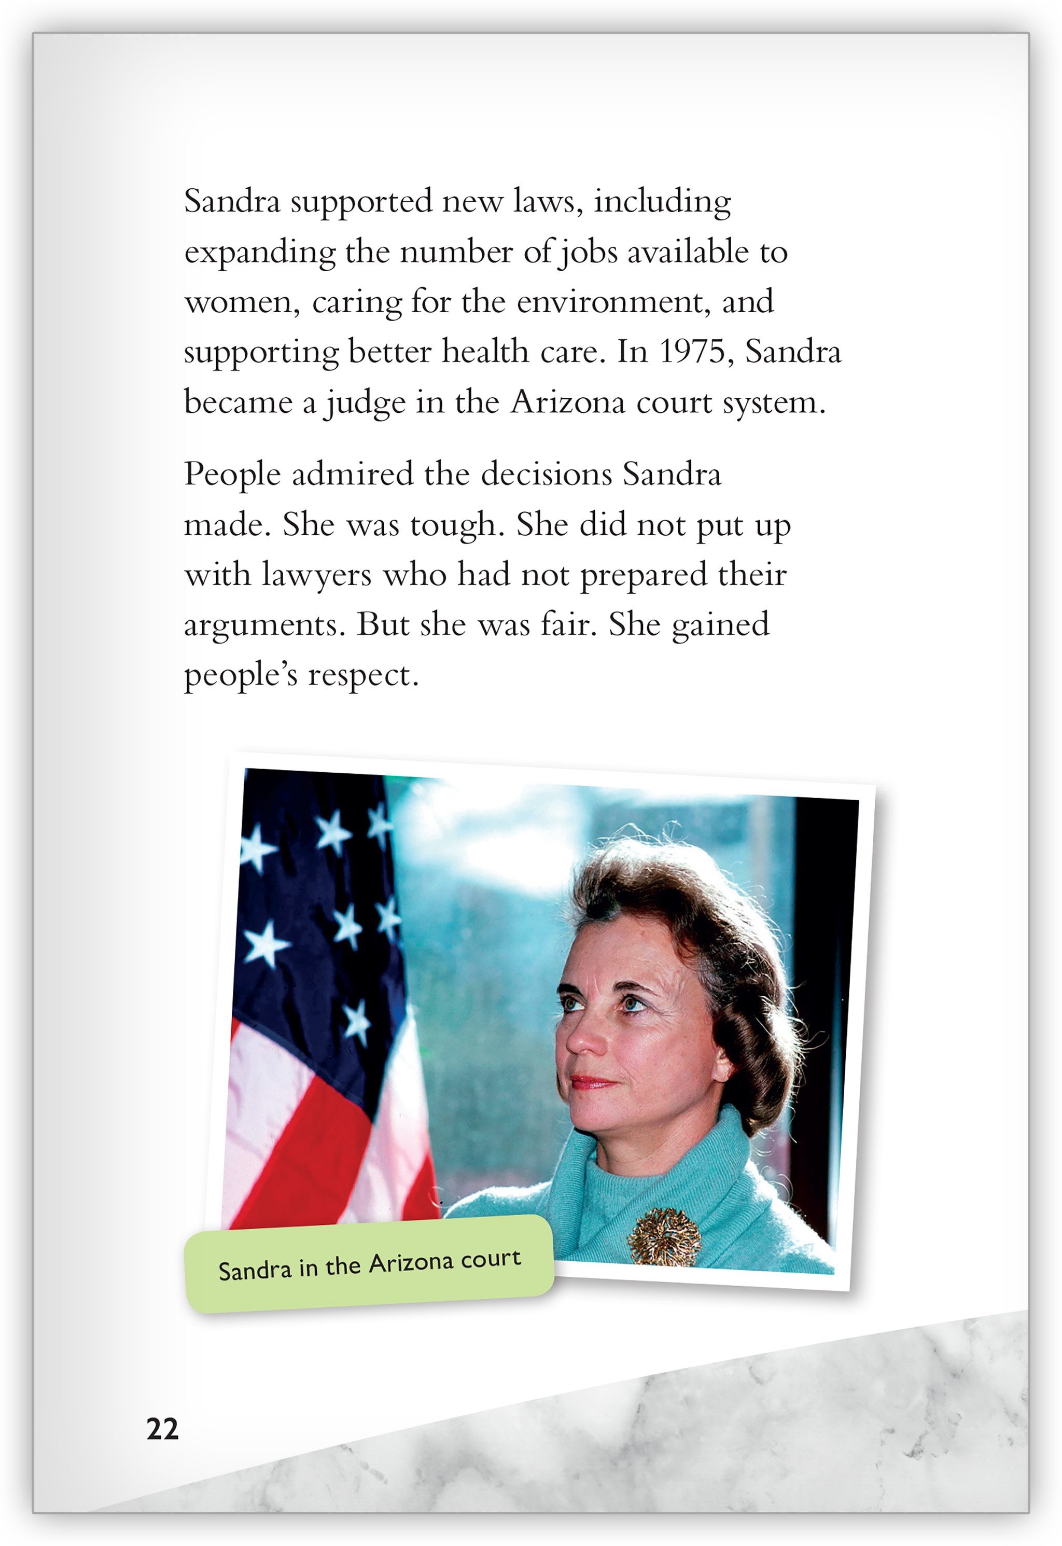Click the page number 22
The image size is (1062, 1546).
[x=162, y=1429]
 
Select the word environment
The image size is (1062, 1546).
[x=609, y=301]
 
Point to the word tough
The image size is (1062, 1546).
[x=454, y=524]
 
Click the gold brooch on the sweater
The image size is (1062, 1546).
[x=664, y=1236]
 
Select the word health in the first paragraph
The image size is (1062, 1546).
[x=485, y=352]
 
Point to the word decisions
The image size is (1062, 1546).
[x=546, y=475]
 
